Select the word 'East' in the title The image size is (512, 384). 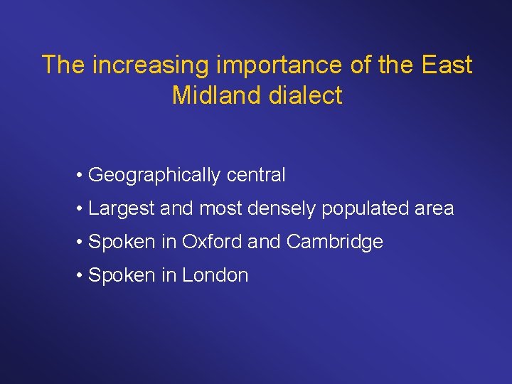[x=447, y=65]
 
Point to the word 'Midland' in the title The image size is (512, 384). [x=217, y=95]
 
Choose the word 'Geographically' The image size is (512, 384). [x=154, y=176]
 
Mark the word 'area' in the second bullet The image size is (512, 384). [x=434, y=209]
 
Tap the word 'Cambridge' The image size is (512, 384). [x=334, y=242]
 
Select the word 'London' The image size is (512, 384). [x=215, y=275]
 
